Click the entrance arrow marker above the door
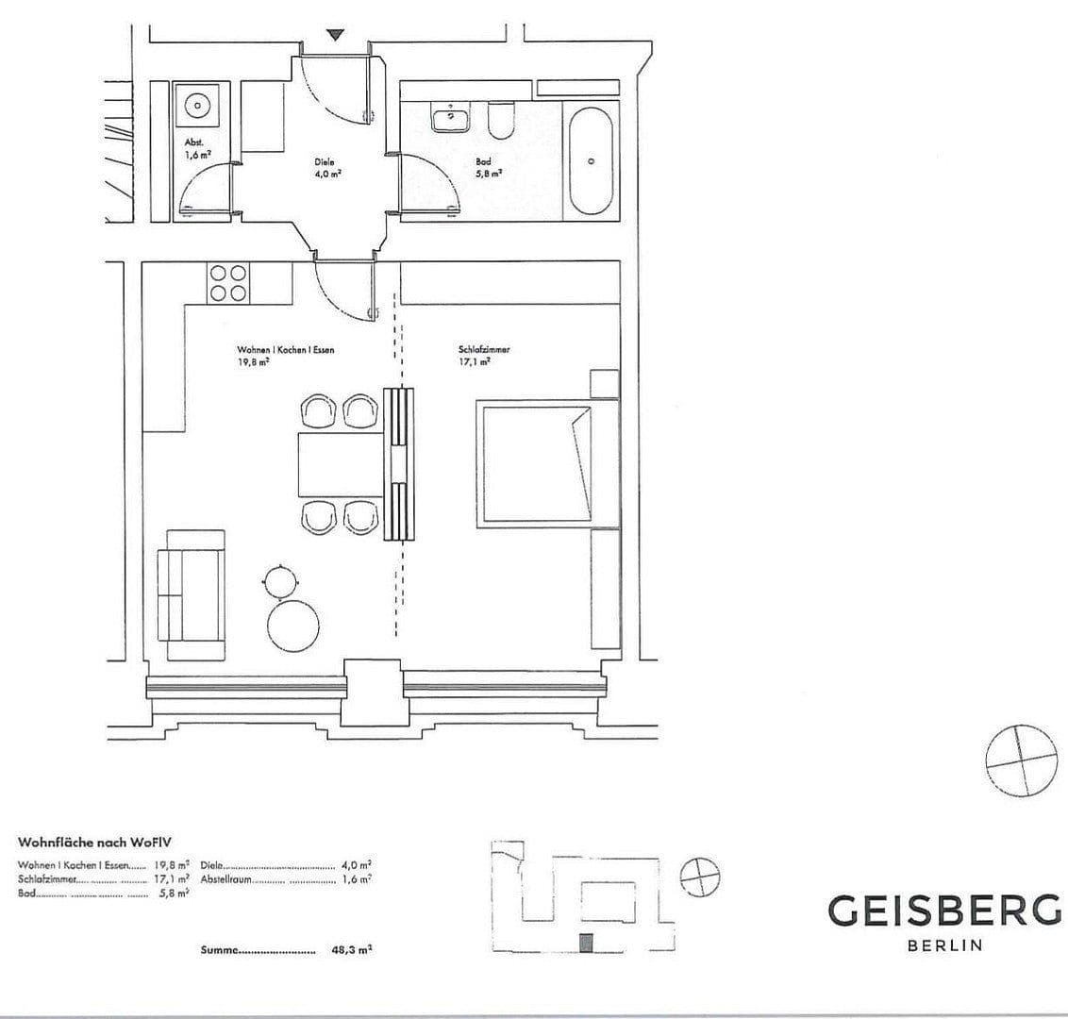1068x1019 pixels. [x=335, y=35]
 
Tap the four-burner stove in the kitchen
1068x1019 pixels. [x=228, y=283]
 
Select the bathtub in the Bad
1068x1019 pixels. [x=592, y=161]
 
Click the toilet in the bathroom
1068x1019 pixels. [x=501, y=120]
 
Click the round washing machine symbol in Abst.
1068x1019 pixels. [x=198, y=106]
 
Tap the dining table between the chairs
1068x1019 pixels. [x=341, y=464]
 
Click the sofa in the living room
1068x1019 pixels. [x=192, y=594]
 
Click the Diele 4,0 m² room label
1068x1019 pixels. [x=327, y=167]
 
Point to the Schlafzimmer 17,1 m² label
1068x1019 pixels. [x=483, y=355]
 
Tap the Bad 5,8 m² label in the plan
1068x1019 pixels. [x=487, y=167]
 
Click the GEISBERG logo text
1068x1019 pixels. [x=943, y=910]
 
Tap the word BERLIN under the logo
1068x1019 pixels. [x=944, y=945]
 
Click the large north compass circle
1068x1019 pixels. [x=1021, y=761]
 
